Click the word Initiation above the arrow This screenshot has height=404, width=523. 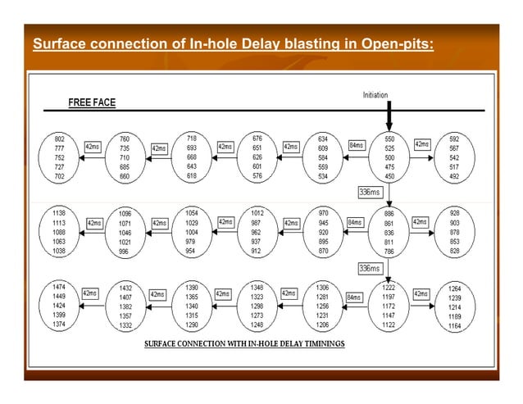coord(375,96)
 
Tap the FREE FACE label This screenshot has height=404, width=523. coord(91,102)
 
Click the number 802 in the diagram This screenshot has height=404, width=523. coord(60,139)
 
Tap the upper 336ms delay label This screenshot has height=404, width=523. coord(371,192)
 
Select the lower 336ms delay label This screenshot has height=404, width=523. coord(371,268)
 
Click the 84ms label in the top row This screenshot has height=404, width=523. coord(357,145)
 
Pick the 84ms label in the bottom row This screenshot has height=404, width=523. coord(353,297)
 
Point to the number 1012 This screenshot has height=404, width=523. coord(257,212)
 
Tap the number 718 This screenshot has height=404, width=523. coord(191,138)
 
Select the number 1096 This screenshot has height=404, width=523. coord(125,213)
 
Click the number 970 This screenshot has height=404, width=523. coord(324,212)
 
